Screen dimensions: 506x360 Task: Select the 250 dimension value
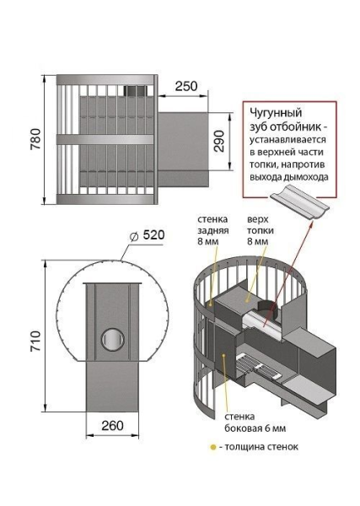point(186,87)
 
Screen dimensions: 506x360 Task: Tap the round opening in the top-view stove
point(110,339)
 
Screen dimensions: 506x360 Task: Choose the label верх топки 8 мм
point(257,229)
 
